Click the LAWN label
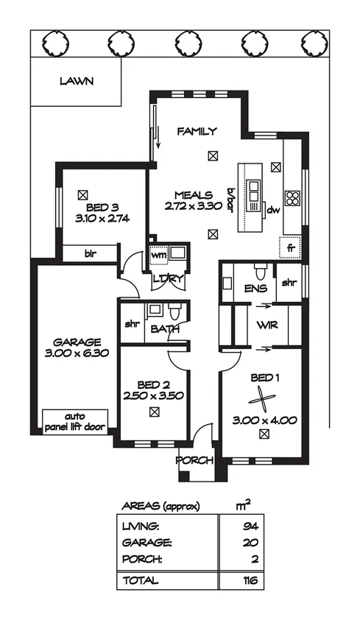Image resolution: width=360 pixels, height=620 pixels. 76,82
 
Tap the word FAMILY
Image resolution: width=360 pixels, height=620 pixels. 197,132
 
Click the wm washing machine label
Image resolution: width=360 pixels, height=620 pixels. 158,256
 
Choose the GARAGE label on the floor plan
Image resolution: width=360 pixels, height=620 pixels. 77,342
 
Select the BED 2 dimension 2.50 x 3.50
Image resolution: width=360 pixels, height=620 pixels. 153,395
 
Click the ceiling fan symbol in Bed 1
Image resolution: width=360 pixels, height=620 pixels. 264,401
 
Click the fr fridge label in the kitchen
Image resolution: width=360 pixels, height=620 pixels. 291,247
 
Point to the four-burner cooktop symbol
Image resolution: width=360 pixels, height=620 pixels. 292,197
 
